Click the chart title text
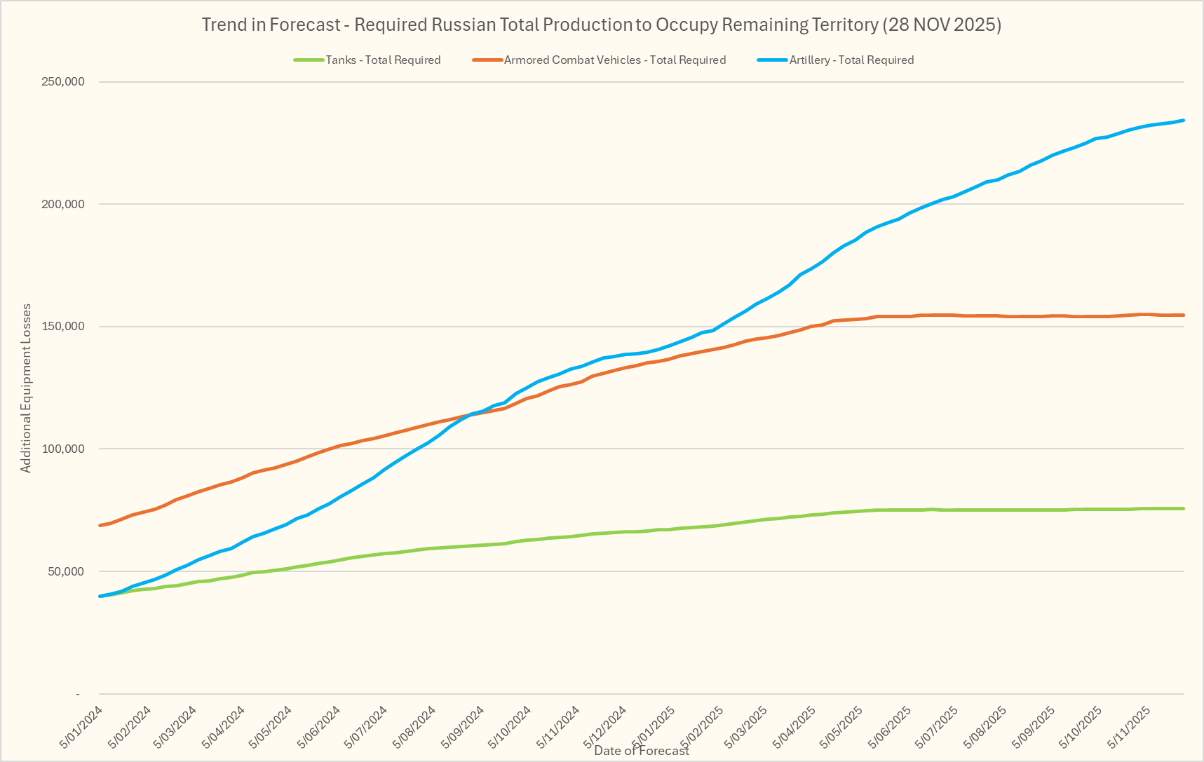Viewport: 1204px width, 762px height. pos(601,25)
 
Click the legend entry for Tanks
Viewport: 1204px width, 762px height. pos(382,60)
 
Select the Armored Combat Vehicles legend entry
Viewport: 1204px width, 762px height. pos(614,60)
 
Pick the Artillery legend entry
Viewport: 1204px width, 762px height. pos(851,60)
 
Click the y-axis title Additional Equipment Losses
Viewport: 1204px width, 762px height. pos(26,388)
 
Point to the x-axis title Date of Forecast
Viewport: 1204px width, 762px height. pos(641,751)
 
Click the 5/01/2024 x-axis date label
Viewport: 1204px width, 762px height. pos(81,726)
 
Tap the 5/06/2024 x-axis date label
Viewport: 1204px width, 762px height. pos(319,726)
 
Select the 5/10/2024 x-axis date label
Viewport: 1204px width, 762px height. pos(510,726)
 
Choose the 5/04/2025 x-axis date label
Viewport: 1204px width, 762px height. pos(794,726)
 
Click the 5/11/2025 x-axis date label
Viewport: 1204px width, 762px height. pos(1128,726)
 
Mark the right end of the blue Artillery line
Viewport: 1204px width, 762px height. pos(1184,121)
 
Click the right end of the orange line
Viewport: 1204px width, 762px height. pos(1184,315)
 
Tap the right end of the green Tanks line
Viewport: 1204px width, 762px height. pos(1184,508)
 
